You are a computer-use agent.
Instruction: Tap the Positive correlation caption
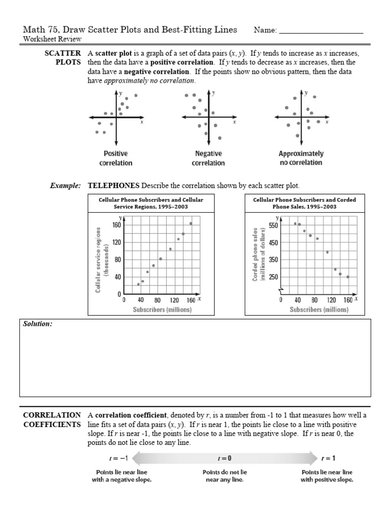point(116,158)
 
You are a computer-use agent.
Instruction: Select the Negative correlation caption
point(208,158)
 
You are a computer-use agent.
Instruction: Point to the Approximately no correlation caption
point(301,158)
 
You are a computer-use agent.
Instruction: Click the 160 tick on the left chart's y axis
point(116,225)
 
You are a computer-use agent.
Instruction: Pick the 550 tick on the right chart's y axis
point(273,225)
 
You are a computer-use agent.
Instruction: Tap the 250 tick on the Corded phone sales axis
point(273,277)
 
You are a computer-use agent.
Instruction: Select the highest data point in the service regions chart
point(191,223)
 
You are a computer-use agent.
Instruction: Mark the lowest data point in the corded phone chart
point(348,277)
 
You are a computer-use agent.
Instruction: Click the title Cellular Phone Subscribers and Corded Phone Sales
point(304,203)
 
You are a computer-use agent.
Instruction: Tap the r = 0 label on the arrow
point(224,458)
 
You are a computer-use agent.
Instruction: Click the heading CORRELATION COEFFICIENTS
point(52,419)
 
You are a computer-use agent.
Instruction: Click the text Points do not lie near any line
point(224,476)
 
